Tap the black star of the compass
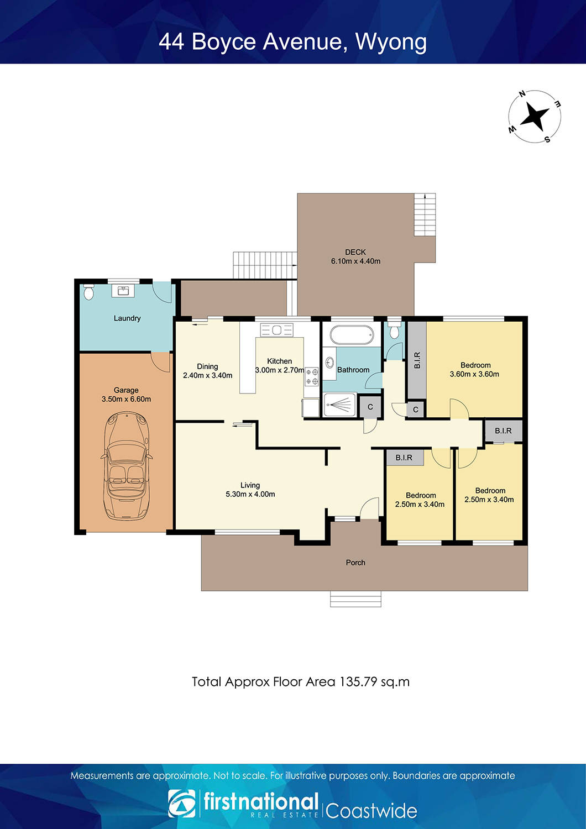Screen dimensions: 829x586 point(535,117)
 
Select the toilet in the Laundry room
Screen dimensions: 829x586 point(88,291)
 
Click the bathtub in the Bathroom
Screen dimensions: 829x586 point(352,334)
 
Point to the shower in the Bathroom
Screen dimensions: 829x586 point(339,405)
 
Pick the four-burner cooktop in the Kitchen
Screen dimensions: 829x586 point(312,376)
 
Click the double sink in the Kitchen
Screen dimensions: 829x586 point(277,330)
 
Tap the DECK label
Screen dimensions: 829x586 point(355,252)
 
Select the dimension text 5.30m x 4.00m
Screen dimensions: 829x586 point(250,494)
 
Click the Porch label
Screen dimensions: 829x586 point(355,563)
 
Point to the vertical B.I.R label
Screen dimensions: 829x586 point(417,360)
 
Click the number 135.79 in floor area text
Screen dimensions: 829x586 point(358,681)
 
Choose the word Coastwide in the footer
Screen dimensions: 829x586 point(371,811)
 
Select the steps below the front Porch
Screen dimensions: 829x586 point(355,599)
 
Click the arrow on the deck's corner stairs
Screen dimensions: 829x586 point(425,196)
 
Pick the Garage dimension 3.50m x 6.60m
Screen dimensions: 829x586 point(126,399)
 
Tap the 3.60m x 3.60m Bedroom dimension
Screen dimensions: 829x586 point(474,374)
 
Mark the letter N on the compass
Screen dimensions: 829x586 point(522,95)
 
